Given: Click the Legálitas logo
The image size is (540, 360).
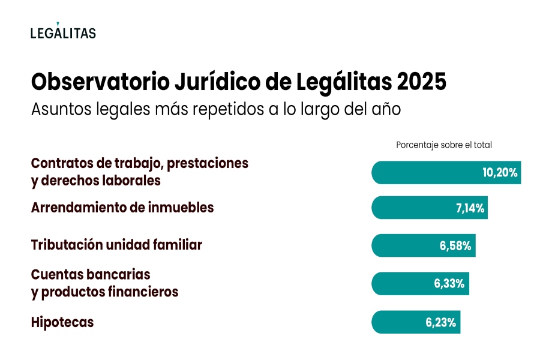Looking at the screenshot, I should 63,32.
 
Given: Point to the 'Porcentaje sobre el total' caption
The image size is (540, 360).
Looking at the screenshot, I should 443,145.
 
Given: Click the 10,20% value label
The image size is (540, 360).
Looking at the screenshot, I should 499,173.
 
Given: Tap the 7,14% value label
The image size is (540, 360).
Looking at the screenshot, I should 470,209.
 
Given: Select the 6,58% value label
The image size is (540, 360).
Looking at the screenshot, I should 457,246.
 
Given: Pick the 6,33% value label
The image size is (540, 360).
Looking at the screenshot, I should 449,284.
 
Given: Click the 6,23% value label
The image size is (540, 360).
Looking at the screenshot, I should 441,323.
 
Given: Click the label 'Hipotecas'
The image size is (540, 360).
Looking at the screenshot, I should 62,322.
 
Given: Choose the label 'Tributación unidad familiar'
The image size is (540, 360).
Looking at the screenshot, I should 116,245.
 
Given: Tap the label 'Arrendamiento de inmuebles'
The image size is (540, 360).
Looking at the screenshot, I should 122,208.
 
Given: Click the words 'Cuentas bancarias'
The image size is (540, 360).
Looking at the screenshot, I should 91,274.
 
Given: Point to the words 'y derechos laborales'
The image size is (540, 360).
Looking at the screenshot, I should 96,180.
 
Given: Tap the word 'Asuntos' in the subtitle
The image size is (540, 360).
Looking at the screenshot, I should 59,110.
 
